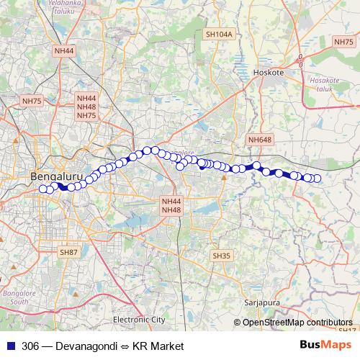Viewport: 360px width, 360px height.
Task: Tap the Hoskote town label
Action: point(269,73)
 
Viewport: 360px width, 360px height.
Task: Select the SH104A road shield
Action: point(219,34)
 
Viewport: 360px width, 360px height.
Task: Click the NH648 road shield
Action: point(259,139)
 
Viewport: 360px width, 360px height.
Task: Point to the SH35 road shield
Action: point(221,256)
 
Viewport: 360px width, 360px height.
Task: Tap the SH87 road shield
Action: point(68,252)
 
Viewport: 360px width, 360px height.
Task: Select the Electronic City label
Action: point(139,319)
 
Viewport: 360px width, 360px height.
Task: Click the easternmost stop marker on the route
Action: point(316,178)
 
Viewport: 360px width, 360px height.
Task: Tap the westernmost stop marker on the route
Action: point(42,189)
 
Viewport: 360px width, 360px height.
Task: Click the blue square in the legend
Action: point(9,346)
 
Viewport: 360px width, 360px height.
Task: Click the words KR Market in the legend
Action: point(159,346)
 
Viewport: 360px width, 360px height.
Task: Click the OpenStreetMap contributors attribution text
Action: point(298,323)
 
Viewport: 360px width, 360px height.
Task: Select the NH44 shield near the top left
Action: point(64,51)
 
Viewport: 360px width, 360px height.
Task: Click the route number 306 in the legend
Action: point(31,346)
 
